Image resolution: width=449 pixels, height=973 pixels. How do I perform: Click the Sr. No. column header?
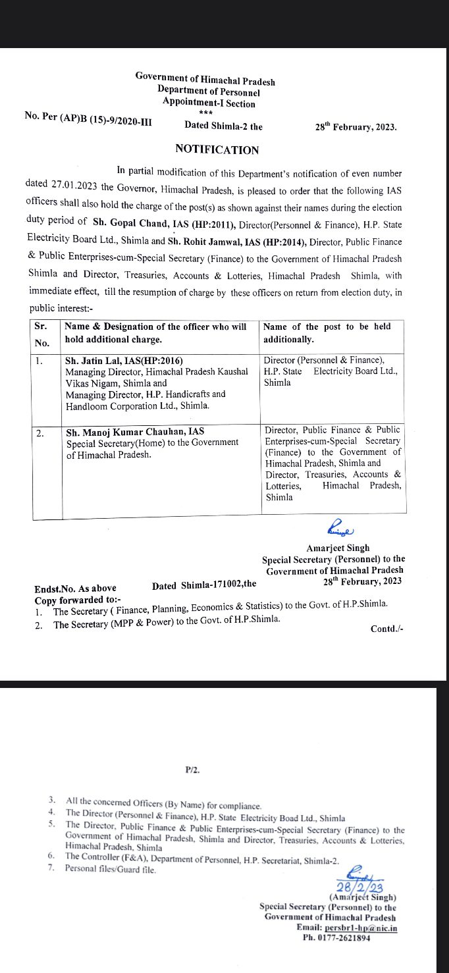pos(42,333)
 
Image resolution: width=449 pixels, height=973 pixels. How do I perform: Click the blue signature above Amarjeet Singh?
pos(340,529)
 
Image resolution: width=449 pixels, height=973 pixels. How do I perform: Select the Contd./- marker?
pos(386,629)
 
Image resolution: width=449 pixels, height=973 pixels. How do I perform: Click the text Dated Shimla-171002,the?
pos(204,585)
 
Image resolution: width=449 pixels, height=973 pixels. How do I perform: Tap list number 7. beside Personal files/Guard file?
pos(51,869)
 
